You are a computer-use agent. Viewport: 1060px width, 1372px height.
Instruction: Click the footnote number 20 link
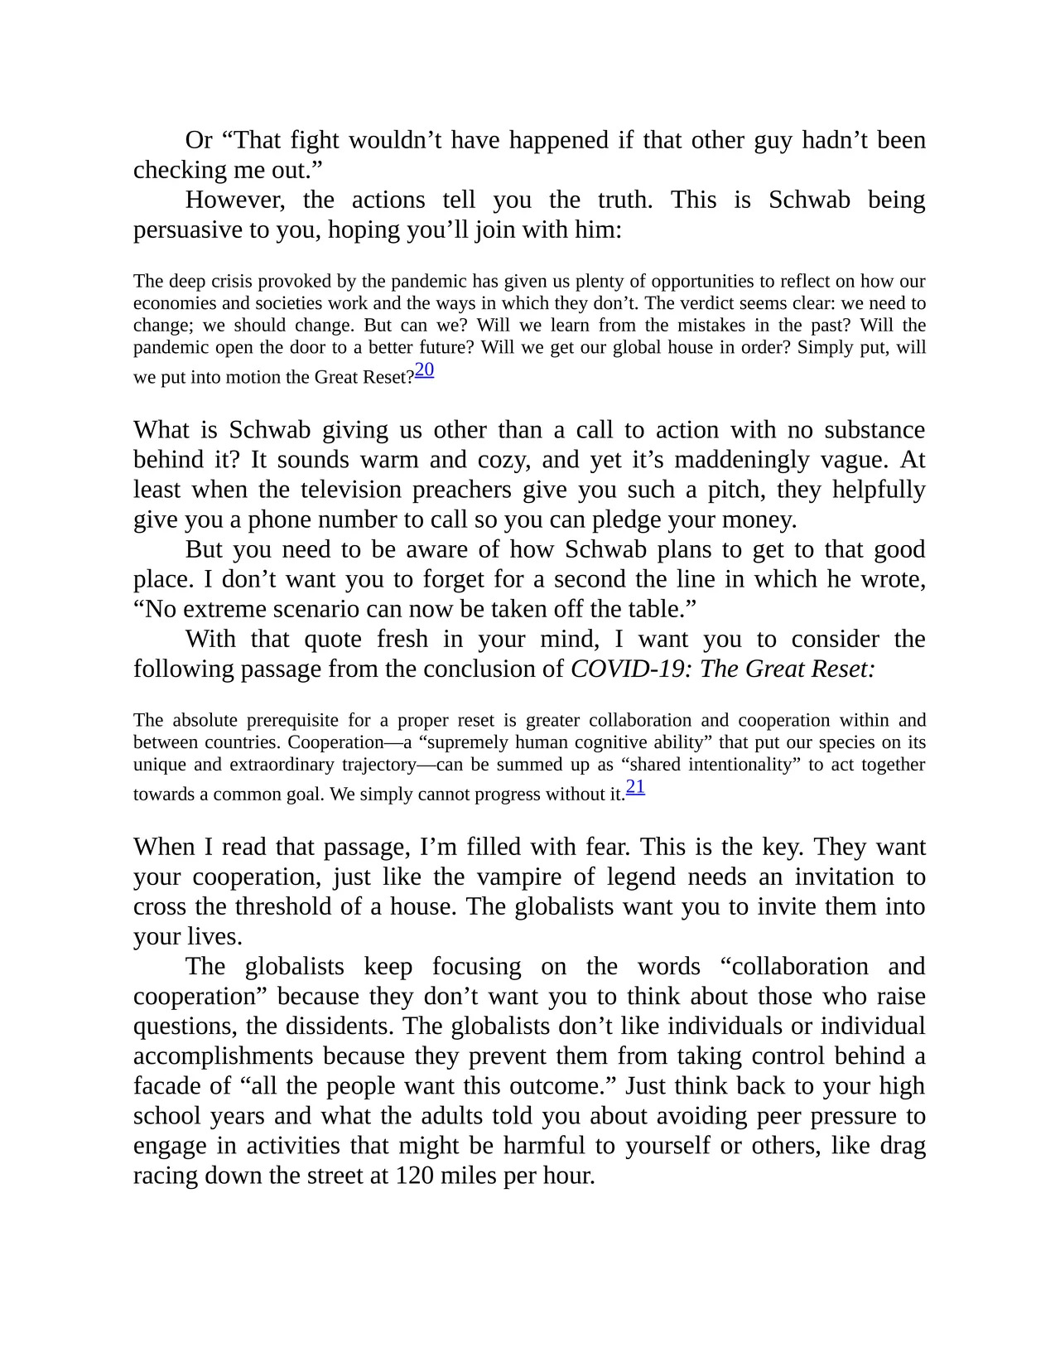424,370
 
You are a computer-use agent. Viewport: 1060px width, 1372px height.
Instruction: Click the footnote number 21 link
635,787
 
